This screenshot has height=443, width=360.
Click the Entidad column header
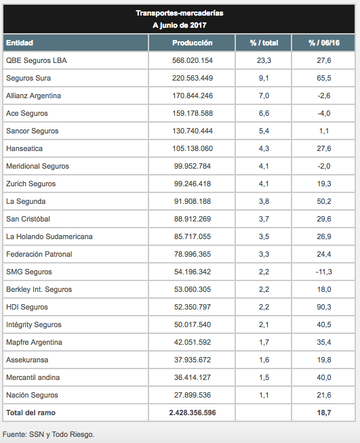(x=20, y=43)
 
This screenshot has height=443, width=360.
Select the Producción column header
(x=193, y=43)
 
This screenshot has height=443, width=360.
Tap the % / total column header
(x=264, y=43)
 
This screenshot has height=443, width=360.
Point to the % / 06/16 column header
(x=324, y=43)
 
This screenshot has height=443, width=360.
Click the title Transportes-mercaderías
(x=180, y=13)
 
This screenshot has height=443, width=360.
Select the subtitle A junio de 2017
(x=180, y=25)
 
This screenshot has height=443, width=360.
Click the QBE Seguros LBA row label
(x=36, y=60)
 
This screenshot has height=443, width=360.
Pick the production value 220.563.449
(x=193, y=78)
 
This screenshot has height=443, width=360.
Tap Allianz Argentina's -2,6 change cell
(x=324, y=96)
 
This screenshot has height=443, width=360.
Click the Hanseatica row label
(x=24, y=148)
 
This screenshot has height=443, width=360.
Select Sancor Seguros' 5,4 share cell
(x=264, y=131)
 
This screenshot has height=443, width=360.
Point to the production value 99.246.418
(x=193, y=184)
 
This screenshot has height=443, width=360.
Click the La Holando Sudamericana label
(x=49, y=236)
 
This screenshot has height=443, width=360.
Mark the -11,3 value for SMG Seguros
(x=324, y=272)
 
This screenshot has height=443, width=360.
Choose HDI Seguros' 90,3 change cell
(x=324, y=307)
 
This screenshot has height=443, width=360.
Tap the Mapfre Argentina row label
(x=34, y=342)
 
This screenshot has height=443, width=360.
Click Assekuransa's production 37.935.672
(x=193, y=360)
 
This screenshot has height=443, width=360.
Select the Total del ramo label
(x=31, y=413)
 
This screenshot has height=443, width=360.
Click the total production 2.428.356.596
(x=193, y=413)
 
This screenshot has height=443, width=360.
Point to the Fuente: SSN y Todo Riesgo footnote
(x=48, y=434)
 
